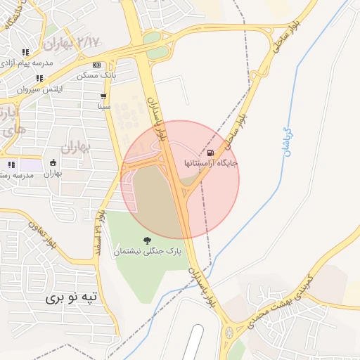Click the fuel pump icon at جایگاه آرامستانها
point(210,153)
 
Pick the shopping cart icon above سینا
point(104,96)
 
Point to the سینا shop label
point(104,106)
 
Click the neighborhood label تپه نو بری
point(74,298)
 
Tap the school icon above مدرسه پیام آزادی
point(26,53)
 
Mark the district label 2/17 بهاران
point(70,44)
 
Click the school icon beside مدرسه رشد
point(11,165)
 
